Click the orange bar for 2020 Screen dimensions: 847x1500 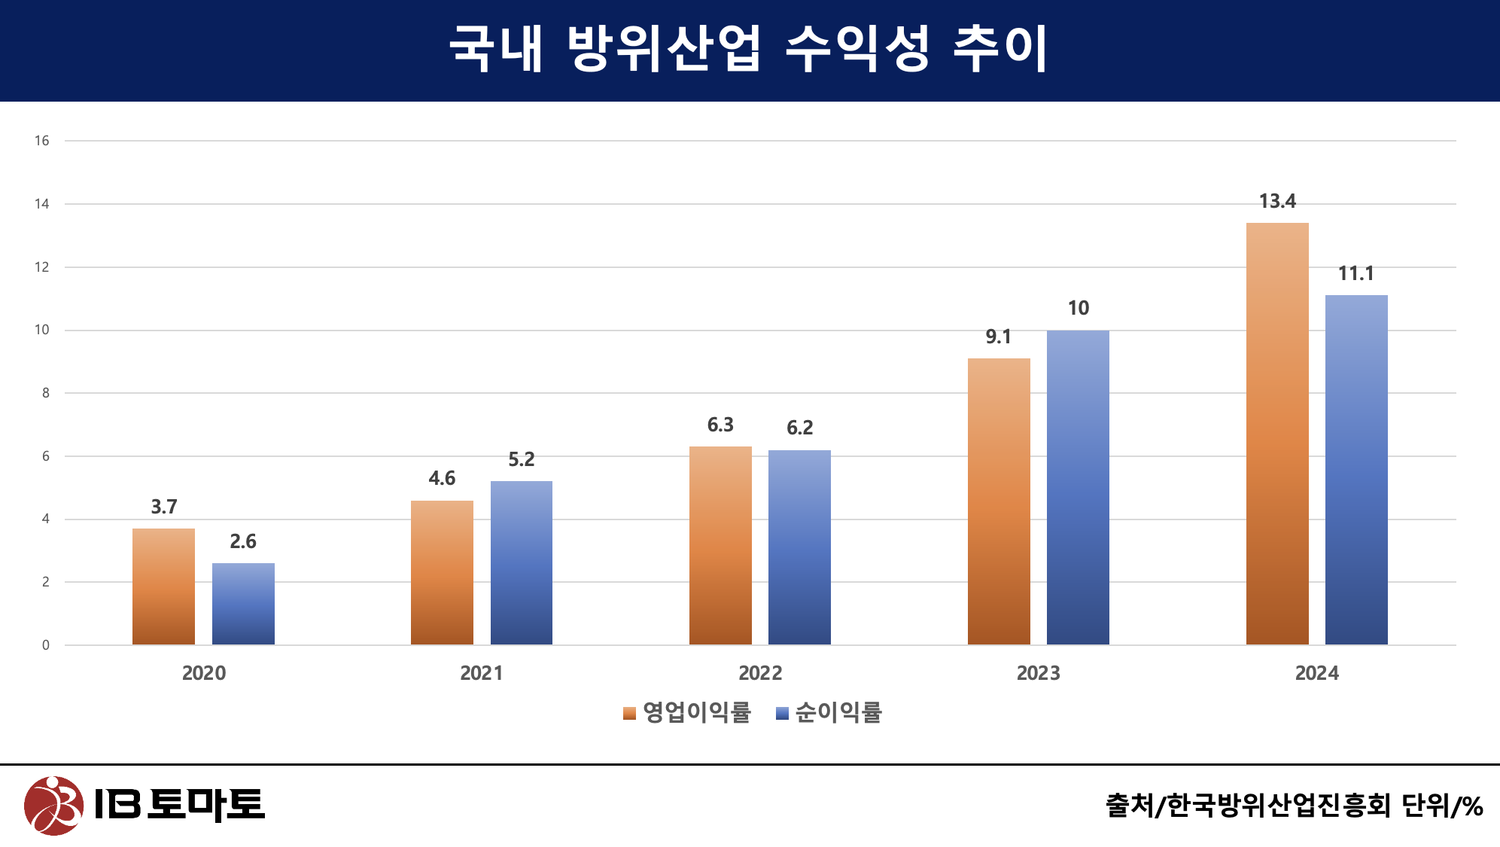[x=163, y=587]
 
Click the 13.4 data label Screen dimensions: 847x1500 [x=1277, y=202]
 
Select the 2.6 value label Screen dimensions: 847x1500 [x=243, y=541]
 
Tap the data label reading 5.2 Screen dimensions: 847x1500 [x=521, y=459]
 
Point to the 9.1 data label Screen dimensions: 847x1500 [x=999, y=337]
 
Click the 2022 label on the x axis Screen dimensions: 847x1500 [x=760, y=673]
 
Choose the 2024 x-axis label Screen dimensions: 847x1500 [x=1316, y=673]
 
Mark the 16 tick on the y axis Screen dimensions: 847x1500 [x=42, y=141]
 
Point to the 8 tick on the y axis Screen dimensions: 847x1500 [x=46, y=393]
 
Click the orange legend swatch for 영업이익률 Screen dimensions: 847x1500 [x=630, y=714]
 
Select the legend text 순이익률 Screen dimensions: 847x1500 [x=838, y=712]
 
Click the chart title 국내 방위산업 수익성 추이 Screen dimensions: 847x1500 [x=749, y=50]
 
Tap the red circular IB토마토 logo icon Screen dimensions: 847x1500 [x=53, y=806]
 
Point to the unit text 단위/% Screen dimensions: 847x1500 [x=1442, y=806]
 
